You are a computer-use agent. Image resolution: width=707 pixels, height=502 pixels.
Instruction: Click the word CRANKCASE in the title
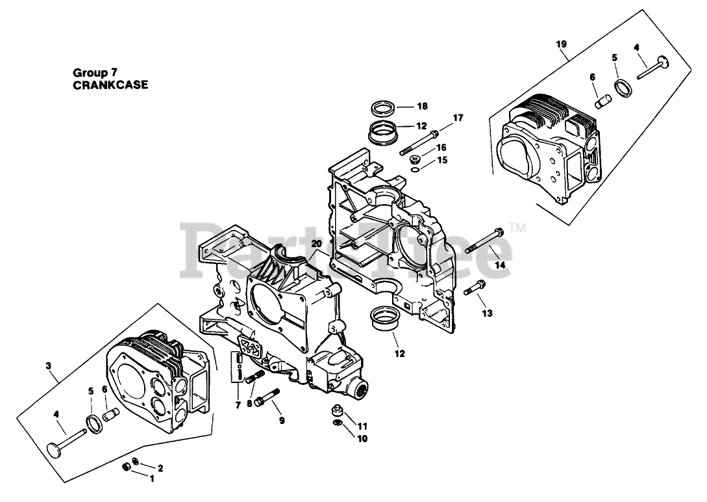[110, 85]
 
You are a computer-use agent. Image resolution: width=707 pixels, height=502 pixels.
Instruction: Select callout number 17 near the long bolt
[458, 118]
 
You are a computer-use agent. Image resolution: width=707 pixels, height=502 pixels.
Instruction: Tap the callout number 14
[499, 265]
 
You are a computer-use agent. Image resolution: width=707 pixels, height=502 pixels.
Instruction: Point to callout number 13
[487, 313]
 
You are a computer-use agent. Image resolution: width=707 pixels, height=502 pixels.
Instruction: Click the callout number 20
[316, 243]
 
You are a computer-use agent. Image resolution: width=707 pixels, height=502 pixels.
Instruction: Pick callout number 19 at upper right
[562, 44]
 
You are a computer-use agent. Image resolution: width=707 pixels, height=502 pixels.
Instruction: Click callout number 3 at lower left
[48, 365]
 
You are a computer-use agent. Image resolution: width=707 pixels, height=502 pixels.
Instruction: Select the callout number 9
[282, 420]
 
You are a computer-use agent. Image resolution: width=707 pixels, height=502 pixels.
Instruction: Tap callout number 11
[362, 427]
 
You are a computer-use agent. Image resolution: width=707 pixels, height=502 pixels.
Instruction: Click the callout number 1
[152, 479]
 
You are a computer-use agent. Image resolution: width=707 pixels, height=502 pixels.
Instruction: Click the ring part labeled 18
[384, 106]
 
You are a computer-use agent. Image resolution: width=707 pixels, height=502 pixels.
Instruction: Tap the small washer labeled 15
[413, 170]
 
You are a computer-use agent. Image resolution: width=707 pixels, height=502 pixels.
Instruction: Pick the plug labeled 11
[337, 412]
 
